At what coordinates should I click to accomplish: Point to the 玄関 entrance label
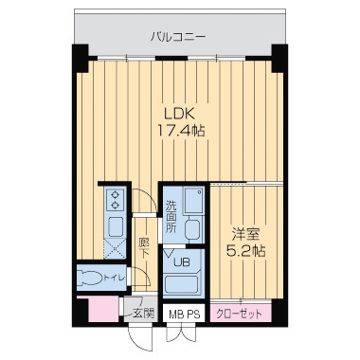coord(143,311)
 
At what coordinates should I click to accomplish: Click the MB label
coord(175,312)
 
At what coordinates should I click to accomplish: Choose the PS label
coord(192,312)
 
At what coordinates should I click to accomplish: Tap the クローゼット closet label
coord(240,312)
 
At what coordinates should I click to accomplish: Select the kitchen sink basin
coord(116,226)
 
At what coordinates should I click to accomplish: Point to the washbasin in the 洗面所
coord(194,202)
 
